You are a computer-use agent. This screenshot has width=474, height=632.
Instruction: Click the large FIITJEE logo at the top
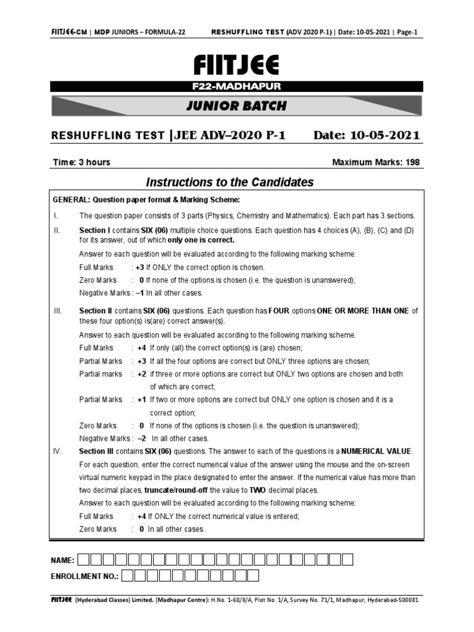pos(236,64)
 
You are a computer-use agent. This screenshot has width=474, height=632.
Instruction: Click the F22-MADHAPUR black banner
pos(236,86)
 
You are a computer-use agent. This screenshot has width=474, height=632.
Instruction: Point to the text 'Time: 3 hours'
pos(81,162)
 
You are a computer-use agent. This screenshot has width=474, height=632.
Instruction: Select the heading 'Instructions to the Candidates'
pos(230,182)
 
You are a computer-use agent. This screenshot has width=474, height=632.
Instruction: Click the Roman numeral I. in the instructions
pos(56,215)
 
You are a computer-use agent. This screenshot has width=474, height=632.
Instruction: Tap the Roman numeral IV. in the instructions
pos(57,451)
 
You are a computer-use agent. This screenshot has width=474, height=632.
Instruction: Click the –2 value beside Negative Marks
pos(141,438)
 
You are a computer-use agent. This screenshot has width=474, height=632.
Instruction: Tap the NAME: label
pos(62,560)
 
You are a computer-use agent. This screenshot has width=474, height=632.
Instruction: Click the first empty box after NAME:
pos(85,560)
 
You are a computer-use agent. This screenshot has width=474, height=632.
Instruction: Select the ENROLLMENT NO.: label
pos(85,576)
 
